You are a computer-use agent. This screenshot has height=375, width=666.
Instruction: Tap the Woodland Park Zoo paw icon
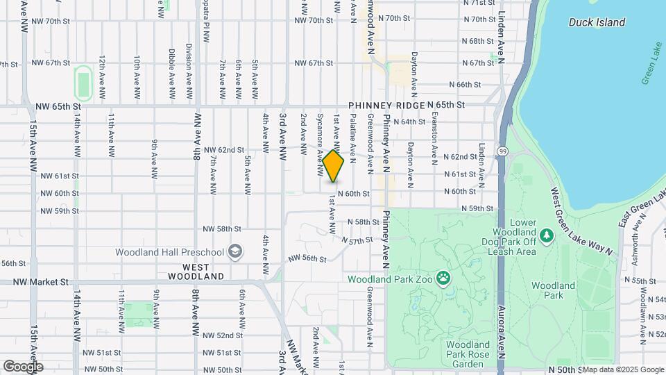click(x=443, y=279)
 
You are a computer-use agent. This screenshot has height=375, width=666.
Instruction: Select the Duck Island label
click(x=597, y=22)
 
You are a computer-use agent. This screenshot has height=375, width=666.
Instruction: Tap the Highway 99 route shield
click(x=502, y=149)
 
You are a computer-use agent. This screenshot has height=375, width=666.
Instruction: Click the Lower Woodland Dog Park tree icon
click(x=547, y=236)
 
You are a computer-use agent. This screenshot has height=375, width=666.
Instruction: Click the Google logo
click(x=23, y=366)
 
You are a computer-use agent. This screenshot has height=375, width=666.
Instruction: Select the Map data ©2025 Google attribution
click(x=623, y=369)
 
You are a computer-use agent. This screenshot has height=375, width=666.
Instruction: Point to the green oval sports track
click(x=84, y=83)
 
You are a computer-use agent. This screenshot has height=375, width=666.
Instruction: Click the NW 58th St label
click(x=223, y=228)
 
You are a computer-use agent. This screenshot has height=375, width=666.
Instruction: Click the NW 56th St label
click(x=308, y=258)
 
